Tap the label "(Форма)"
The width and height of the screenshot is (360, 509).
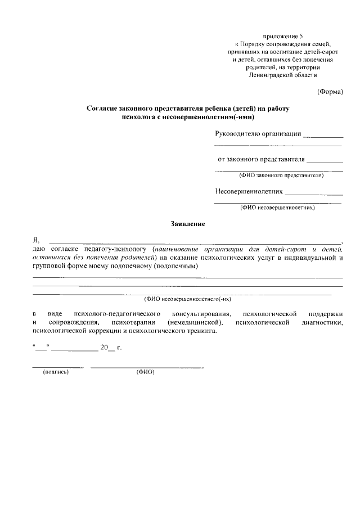pyautogui.click(x=330, y=91)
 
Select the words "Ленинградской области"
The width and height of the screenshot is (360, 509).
pyautogui.click(x=283, y=74)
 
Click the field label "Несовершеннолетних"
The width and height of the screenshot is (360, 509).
pyautogui.click(x=248, y=191)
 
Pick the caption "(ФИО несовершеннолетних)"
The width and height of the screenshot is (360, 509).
pyautogui.click(x=277, y=208)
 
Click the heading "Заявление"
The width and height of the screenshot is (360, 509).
pyautogui.click(x=188, y=224)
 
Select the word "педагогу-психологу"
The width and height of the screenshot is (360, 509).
pyautogui.click(x=117, y=248)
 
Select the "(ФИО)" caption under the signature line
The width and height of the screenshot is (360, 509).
pyautogui.click(x=145, y=372)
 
